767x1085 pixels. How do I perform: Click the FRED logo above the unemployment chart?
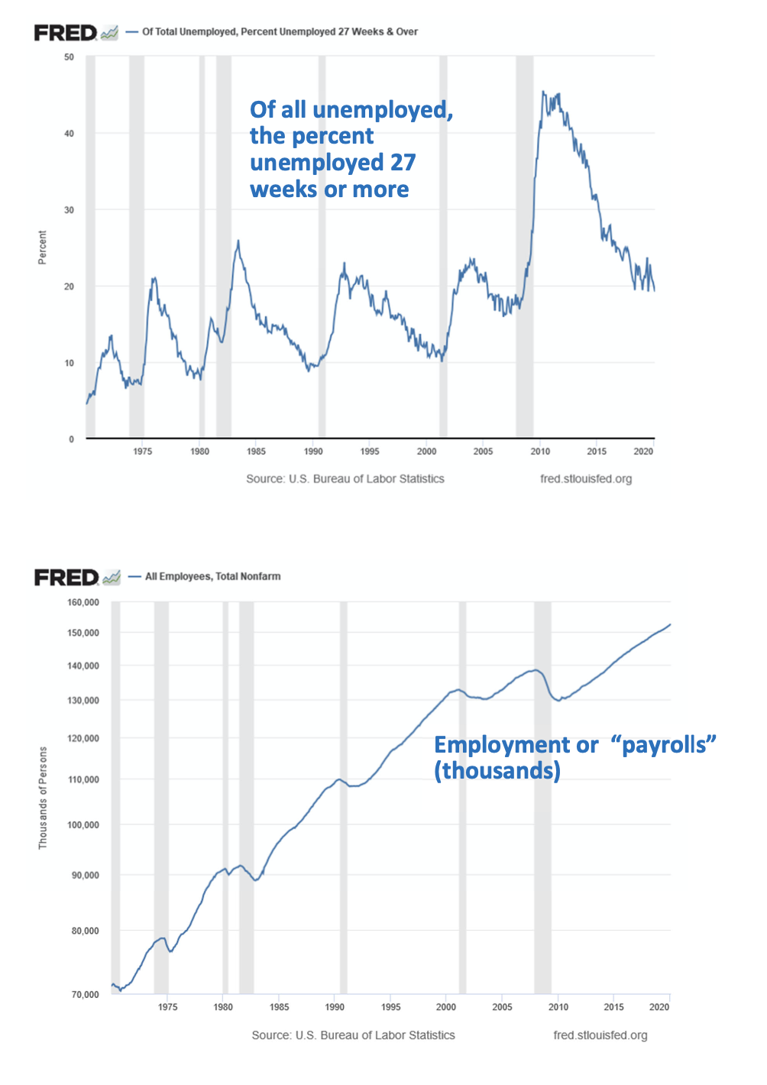(66, 33)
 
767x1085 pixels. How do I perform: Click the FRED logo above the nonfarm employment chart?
(66, 578)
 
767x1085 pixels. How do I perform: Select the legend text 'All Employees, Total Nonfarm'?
(212, 577)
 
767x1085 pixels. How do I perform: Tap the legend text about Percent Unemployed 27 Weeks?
(280, 32)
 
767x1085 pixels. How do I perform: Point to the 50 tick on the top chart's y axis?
(70, 57)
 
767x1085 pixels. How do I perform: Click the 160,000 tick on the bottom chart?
(83, 603)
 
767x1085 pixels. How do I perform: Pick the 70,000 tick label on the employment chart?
(85, 995)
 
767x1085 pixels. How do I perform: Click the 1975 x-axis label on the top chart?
(143, 452)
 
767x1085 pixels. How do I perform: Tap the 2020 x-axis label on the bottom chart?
(659, 1007)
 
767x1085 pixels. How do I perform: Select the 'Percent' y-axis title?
(43, 248)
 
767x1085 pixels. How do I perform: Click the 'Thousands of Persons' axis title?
(43, 798)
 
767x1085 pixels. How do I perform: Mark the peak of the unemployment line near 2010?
(543, 92)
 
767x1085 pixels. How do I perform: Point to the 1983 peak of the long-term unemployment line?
(238, 241)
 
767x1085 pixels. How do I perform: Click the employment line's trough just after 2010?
(558, 700)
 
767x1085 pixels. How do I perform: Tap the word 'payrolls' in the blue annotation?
(663, 745)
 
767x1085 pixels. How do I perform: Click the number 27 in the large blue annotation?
(402, 163)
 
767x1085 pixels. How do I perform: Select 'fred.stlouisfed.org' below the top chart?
(586, 479)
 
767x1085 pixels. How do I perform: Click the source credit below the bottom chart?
(353, 1035)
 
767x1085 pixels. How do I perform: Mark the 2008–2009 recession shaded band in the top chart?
(524, 245)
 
